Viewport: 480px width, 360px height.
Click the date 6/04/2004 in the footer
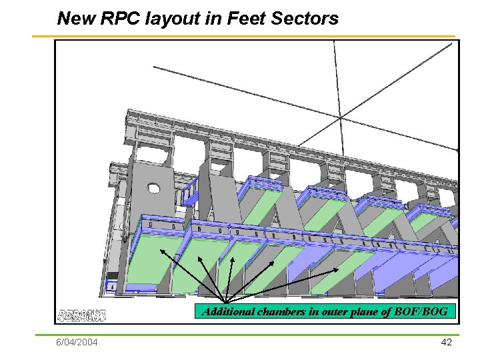pos(77,343)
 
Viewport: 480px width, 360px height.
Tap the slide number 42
pos(447,342)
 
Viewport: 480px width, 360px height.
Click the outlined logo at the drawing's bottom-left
pos(81,315)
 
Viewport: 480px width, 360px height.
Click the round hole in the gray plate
pos(157,188)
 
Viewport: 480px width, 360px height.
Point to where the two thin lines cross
pos(341,118)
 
